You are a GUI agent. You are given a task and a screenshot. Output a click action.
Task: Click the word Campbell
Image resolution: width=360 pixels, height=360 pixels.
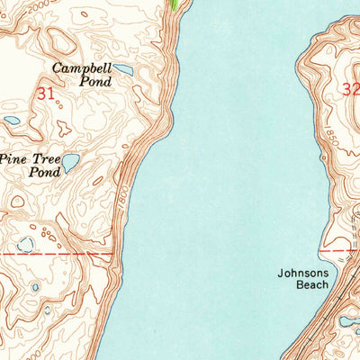(82, 67)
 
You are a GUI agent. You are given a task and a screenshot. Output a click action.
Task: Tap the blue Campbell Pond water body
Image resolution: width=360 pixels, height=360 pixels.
(123, 69)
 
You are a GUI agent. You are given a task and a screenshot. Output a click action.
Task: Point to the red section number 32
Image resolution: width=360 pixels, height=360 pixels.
(350, 88)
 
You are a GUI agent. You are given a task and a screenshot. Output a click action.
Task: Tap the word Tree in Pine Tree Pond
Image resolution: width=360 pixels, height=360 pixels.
(47, 157)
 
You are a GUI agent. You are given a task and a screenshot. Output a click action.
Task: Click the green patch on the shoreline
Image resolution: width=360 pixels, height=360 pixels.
(174, 4)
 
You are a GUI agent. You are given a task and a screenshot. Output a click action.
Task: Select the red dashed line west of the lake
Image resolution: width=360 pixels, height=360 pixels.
(54, 255)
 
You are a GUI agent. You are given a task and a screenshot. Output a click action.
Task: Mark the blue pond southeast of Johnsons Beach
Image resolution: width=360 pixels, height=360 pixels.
(347, 320)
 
